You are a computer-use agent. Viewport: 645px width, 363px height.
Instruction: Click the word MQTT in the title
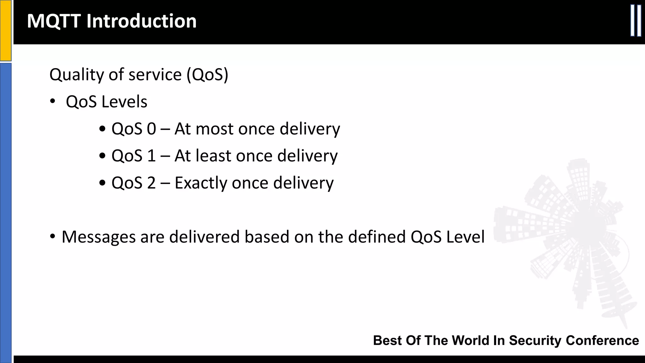pos(54,21)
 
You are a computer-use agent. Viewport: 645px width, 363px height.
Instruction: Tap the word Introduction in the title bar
pos(141,21)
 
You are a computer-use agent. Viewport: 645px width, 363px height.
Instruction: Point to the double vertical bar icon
pos(636,21)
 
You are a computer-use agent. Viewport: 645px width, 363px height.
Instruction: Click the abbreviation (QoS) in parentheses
pos(207,75)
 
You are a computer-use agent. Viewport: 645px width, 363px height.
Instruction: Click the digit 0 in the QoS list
pos(151,129)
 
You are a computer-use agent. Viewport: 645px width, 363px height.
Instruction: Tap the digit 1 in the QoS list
pos(151,156)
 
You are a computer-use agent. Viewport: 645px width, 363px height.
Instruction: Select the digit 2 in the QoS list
pos(151,183)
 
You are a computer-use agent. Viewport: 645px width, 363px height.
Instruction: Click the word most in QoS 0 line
pos(214,129)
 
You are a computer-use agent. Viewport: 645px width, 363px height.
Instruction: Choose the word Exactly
pos(201,183)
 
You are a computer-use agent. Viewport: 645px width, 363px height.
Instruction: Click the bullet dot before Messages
pos(53,236)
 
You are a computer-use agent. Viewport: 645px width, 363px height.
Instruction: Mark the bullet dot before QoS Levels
pos(53,101)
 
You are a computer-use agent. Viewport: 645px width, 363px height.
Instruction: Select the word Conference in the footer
pos(602,341)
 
